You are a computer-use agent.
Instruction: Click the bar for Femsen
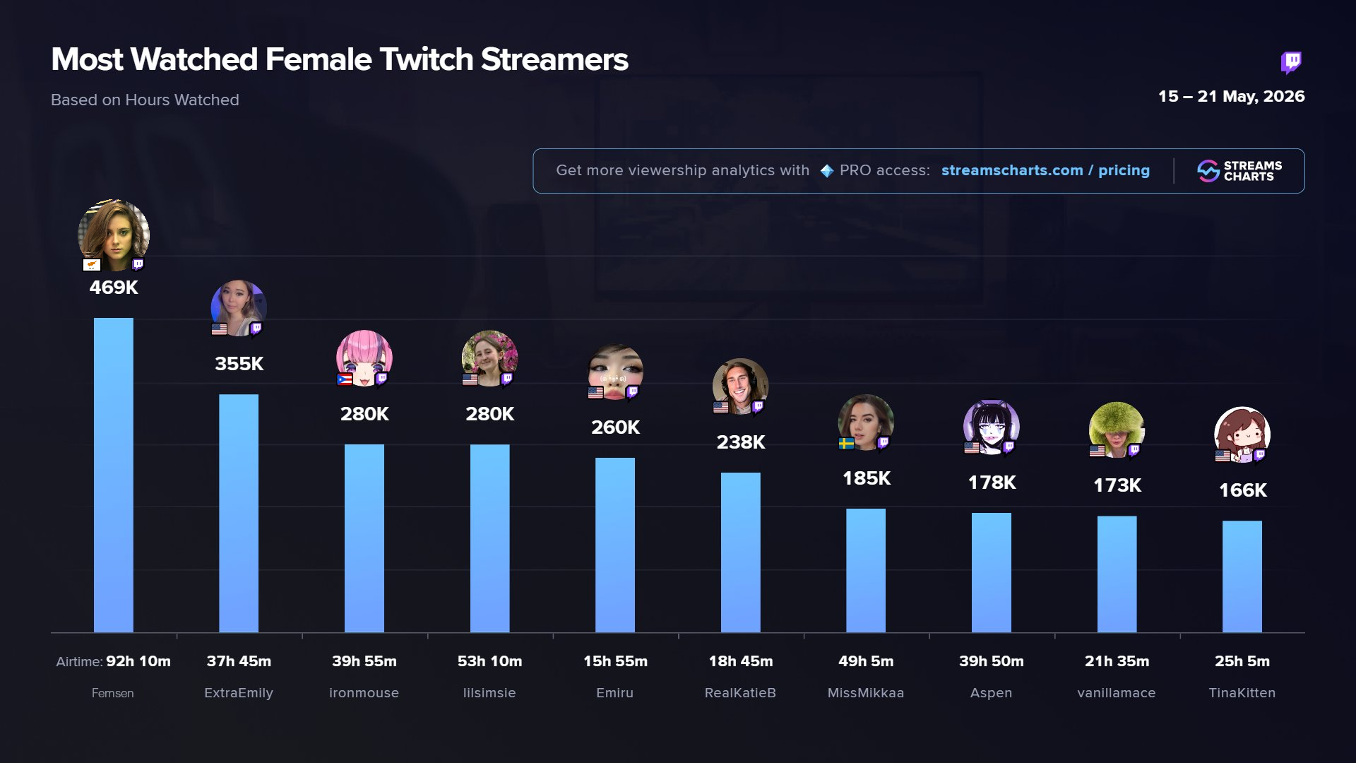(x=113, y=475)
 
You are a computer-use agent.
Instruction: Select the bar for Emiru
(x=615, y=545)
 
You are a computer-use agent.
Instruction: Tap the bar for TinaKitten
(x=1242, y=576)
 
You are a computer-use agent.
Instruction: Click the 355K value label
(x=239, y=364)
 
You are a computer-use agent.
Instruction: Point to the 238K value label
(x=741, y=442)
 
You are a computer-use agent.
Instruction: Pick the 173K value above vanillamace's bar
(x=1117, y=485)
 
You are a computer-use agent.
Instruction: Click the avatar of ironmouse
(x=364, y=358)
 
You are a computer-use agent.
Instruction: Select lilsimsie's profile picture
(x=489, y=358)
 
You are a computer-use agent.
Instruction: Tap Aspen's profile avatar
(x=992, y=427)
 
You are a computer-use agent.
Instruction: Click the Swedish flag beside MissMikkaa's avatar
(x=846, y=444)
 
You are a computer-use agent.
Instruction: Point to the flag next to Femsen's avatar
(x=92, y=265)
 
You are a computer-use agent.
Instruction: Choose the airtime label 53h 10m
(x=489, y=661)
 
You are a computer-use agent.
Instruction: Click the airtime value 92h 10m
(x=138, y=661)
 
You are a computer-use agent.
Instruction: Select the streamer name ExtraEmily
(x=239, y=693)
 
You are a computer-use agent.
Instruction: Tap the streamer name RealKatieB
(x=740, y=693)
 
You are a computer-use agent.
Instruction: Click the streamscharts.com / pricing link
(x=1045, y=170)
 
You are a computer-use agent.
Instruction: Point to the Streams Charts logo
(x=1239, y=171)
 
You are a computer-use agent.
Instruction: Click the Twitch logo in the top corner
(x=1291, y=62)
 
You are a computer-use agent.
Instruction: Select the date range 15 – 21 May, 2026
(x=1231, y=97)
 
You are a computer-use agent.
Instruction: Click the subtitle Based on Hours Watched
(x=145, y=100)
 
